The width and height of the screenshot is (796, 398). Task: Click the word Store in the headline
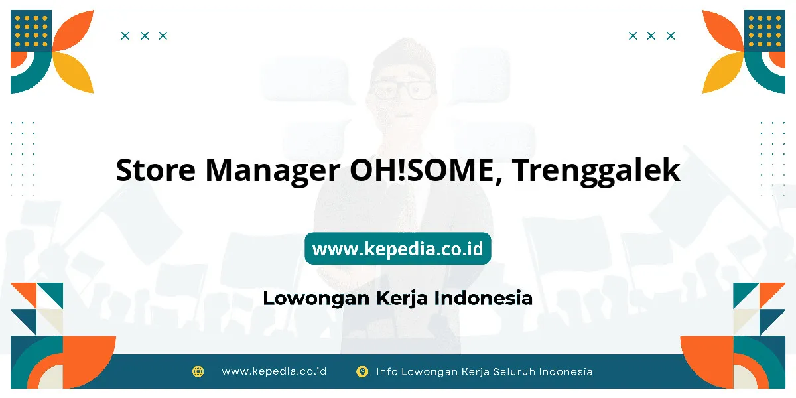tap(156, 170)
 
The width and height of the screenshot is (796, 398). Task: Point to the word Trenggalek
tap(596, 171)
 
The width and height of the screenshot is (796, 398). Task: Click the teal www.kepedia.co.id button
tap(397, 248)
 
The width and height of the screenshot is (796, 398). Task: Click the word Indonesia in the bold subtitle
tap(484, 298)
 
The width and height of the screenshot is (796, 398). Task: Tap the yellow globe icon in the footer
tap(198, 371)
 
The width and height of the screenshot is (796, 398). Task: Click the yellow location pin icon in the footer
tap(362, 371)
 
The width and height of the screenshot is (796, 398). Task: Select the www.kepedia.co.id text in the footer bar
tap(274, 371)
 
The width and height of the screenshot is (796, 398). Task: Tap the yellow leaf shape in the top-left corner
tap(74, 71)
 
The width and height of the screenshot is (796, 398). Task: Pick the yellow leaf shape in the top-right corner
tap(722, 71)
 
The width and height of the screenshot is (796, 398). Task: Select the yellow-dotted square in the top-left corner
tap(31, 31)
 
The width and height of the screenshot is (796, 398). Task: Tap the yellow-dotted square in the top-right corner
tap(765, 31)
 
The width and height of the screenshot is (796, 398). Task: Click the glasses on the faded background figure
tap(402, 90)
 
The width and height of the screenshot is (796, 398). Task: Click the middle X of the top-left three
tap(145, 36)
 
